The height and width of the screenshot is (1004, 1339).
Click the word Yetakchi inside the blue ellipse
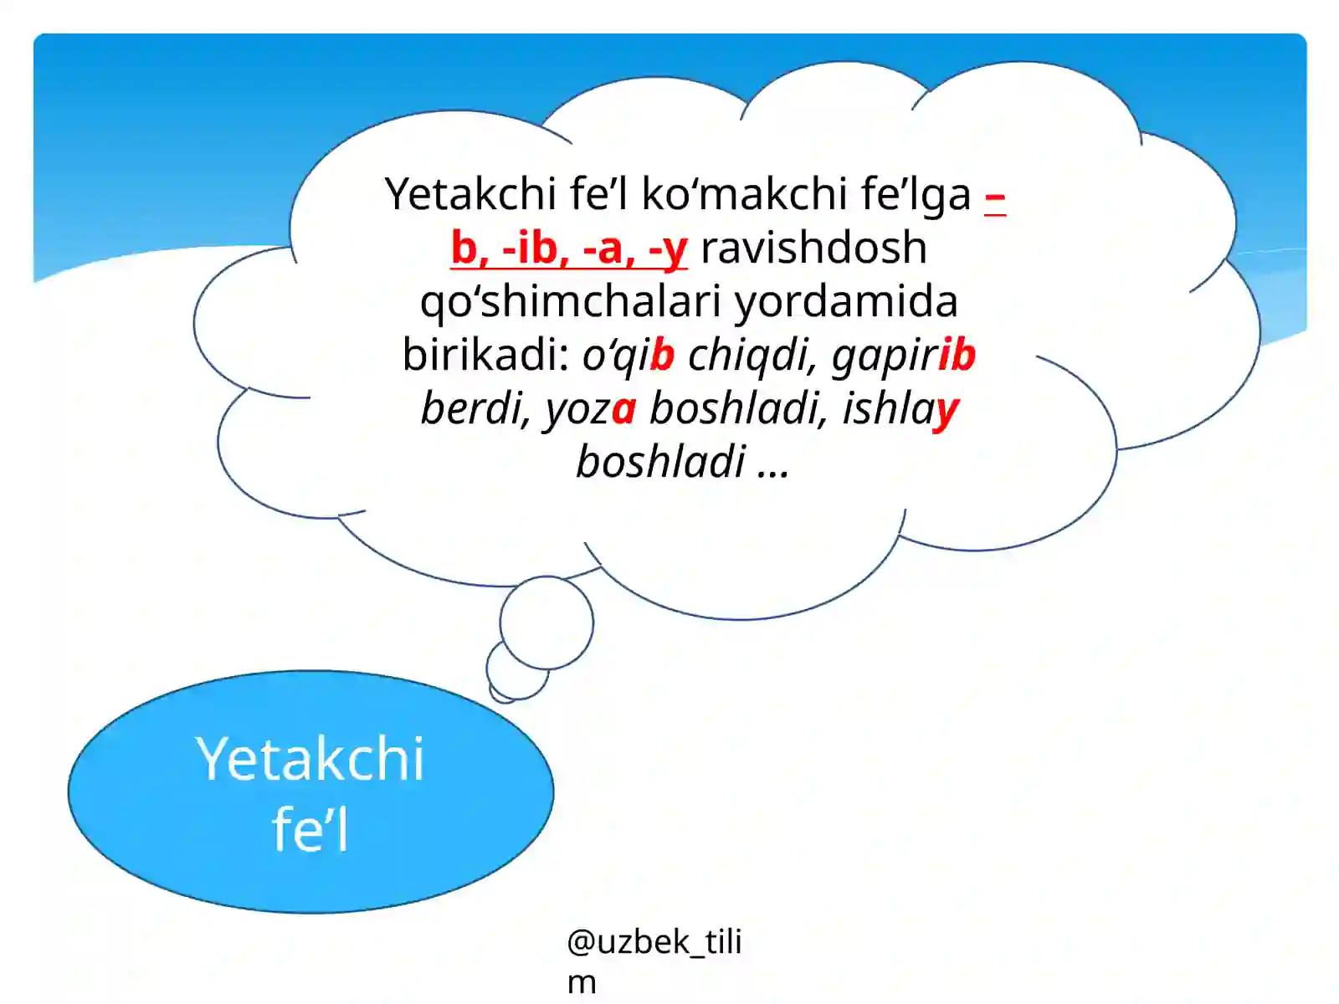[x=310, y=759]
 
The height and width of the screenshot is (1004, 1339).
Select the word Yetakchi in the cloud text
[x=470, y=194]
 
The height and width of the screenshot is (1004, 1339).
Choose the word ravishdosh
[x=813, y=248]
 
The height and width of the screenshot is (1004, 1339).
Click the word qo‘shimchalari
[x=571, y=301]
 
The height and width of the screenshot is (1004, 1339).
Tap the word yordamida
[x=845, y=301]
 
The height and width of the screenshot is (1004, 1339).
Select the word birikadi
[x=485, y=355]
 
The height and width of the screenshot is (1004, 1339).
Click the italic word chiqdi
[x=752, y=355]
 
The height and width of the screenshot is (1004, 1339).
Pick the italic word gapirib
[x=903, y=355]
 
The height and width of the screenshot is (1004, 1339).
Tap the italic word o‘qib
[x=628, y=355]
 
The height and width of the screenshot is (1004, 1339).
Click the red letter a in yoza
[x=623, y=409]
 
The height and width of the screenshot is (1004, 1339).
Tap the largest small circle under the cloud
[x=546, y=622]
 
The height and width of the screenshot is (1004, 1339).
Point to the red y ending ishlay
[x=947, y=410]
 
